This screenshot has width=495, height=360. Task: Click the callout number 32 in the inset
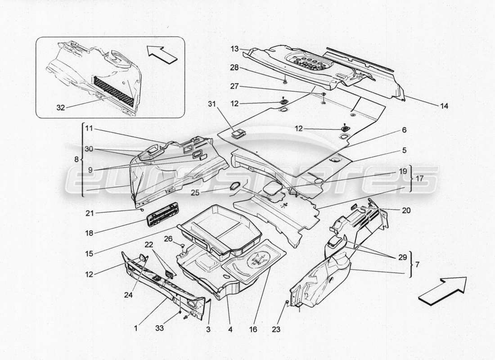point(60,108)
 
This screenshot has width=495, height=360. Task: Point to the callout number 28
point(234,67)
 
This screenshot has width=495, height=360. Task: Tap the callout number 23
point(276,329)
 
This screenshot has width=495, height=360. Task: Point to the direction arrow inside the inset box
point(161,56)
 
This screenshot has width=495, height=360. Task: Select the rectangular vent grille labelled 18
point(159,218)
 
